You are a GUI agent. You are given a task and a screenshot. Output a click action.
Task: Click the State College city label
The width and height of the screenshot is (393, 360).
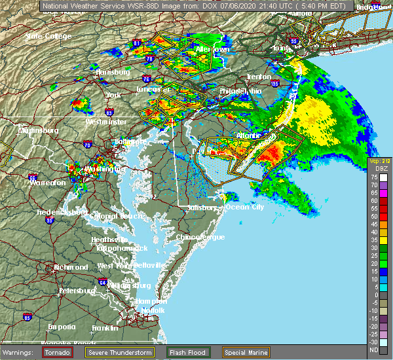tap(47, 36)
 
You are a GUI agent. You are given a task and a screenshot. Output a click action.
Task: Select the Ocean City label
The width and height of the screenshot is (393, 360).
tap(244, 207)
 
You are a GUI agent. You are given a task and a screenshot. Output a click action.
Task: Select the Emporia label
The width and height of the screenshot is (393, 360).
tap(64, 327)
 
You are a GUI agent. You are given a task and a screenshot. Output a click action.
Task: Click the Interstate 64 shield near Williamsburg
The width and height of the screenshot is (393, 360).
tap(103, 281)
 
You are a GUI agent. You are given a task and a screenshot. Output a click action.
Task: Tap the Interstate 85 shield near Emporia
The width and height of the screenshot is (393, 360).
tap(27, 317)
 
